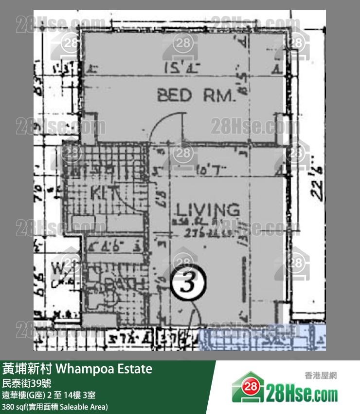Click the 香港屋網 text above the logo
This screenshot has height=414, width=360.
click(x=321, y=375)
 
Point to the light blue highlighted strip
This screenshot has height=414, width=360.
click(x=263, y=338)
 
